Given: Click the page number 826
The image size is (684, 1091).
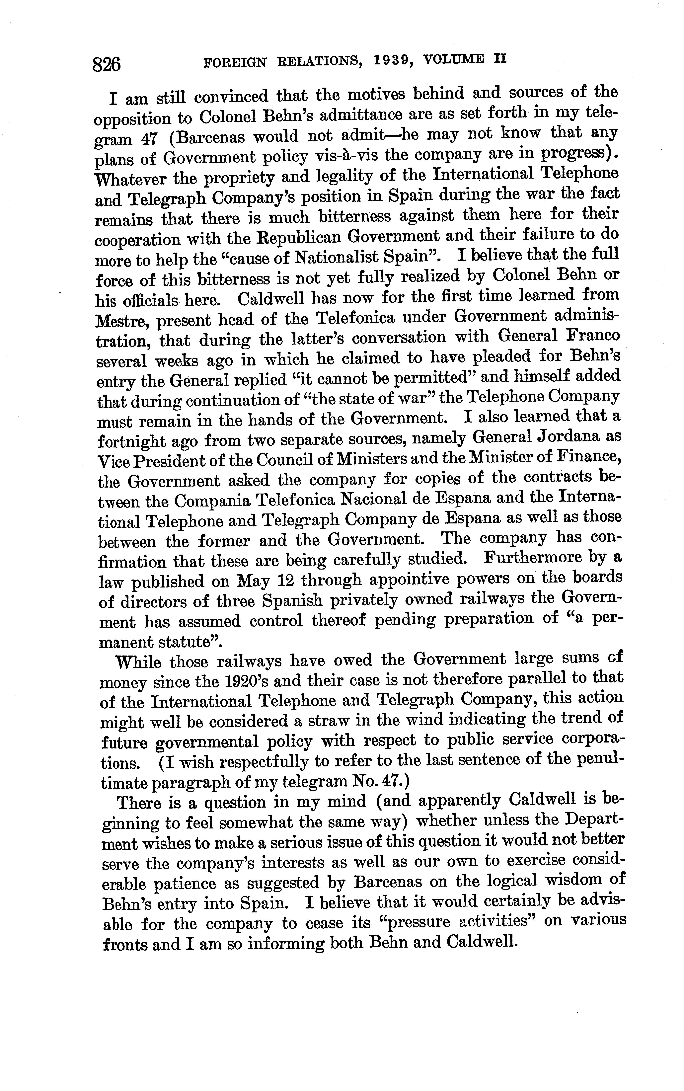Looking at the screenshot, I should (107, 65).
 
